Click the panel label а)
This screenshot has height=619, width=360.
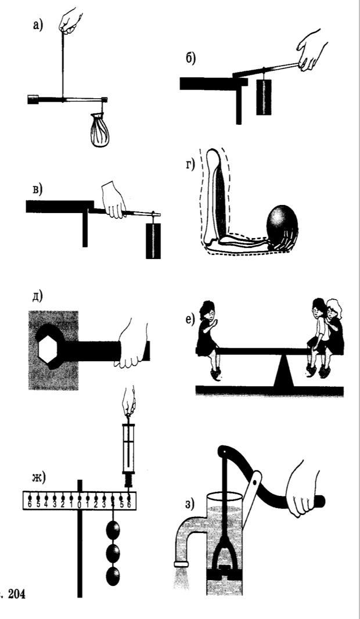pyautogui.click(x=38, y=27)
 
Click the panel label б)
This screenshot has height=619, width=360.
pyautogui.click(x=190, y=57)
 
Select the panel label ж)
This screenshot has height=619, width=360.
pyautogui.click(x=40, y=478)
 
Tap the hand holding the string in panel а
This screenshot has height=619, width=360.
pyautogui.click(x=71, y=21)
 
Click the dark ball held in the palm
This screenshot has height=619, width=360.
pyautogui.click(x=281, y=224)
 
